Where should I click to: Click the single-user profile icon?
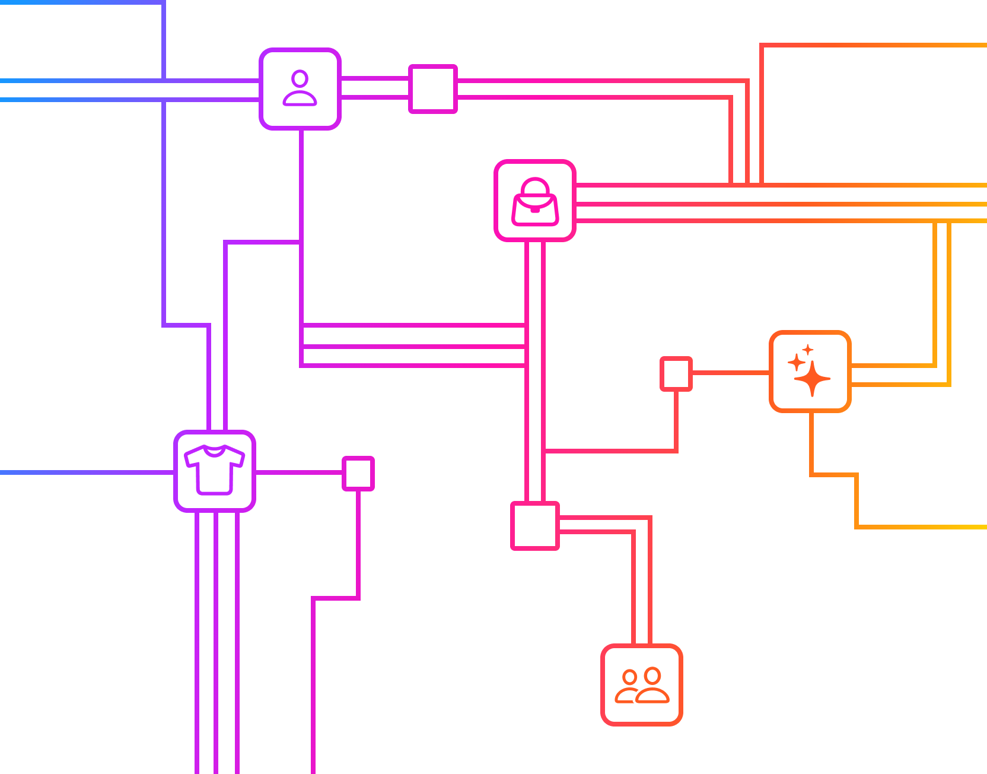click(x=300, y=88)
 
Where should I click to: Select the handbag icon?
click(x=535, y=201)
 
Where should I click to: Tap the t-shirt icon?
click(x=214, y=471)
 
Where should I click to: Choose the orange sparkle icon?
click(x=810, y=372)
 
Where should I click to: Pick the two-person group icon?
click(x=642, y=685)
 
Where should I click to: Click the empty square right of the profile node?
click(x=433, y=89)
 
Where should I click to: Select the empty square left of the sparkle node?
click(x=676, y=374)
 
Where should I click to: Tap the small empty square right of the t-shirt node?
click(x=358, y=474)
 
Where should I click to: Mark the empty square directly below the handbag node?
click(x=535, y=526)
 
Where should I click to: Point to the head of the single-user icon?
click(x=300, y=78)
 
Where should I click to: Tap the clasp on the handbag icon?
click(x=535, y=210)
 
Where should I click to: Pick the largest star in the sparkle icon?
click(x=813, y=378)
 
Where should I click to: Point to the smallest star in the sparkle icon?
click(x=808, y=350)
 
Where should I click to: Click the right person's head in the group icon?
click(x=652, y=675)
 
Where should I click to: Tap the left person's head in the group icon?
click(x=629, y=677)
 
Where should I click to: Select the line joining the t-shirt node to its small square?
click(x=299, y=472)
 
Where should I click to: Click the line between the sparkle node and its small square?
click(x=731, y=373)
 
